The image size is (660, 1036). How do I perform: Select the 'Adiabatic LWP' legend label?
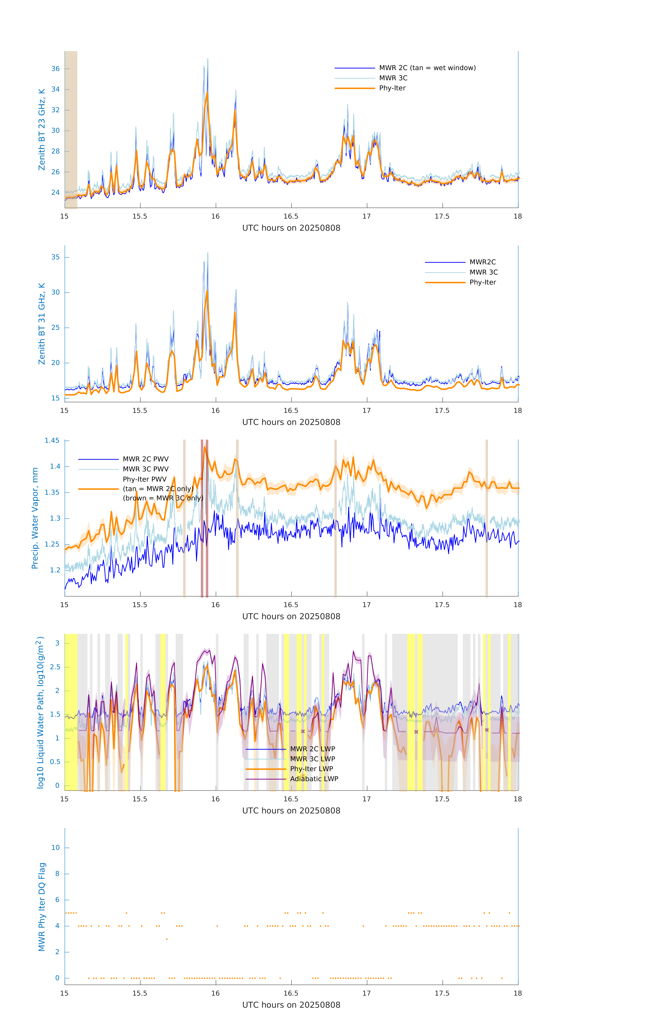tap(314, 779)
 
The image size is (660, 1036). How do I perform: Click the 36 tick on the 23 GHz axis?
tap(55, 69)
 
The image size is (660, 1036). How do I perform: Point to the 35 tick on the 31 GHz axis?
tap(55, 257)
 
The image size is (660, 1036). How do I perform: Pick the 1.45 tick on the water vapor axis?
tap(52, 440)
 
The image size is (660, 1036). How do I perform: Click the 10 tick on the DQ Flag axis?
tap(55, 848)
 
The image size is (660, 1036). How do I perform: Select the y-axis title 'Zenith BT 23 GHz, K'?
tap(42, 129)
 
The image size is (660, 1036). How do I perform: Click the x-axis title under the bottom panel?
tap(291, 1005)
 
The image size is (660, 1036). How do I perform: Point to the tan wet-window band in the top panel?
tap(71, 129)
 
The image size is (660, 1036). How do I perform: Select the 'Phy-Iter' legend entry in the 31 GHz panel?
tap(482, 282)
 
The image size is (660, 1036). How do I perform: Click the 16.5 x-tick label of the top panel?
tap(291, 216)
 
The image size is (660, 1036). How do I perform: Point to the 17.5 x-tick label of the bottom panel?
tap(442, 993)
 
